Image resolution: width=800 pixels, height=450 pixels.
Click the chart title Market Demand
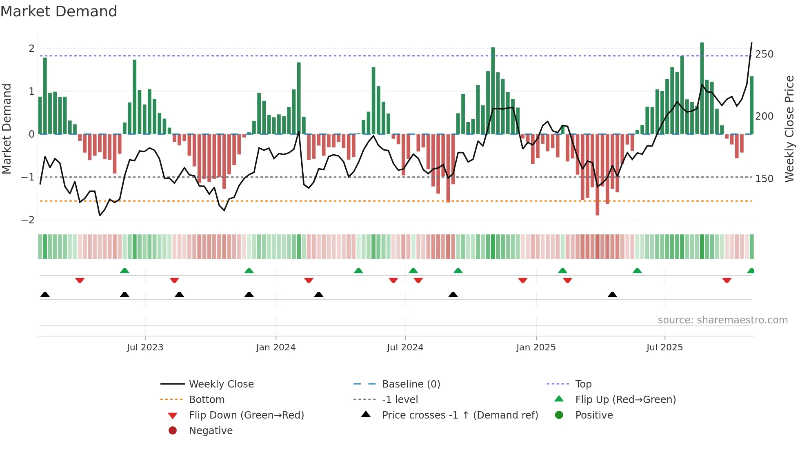(59, 11)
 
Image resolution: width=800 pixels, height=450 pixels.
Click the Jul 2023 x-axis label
(145, 348)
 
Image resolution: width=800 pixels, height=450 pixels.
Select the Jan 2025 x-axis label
(536, 348)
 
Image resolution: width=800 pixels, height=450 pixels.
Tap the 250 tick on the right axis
(764, 54)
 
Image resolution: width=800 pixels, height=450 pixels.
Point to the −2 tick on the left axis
(28, 220)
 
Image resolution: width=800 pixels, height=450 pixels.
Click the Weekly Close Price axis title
(789, 129)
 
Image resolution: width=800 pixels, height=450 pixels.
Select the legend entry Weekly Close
(221, 384)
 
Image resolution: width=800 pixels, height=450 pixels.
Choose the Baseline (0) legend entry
(411, 384)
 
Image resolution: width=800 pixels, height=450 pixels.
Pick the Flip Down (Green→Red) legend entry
(246, 415)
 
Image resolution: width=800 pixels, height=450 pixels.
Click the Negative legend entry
(211, 431)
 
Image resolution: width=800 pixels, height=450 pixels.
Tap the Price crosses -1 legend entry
(460, 415)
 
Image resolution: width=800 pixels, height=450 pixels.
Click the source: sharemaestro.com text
(722, 320)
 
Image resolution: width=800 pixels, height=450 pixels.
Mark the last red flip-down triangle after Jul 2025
(727, 281)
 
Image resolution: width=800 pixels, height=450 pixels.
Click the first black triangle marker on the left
(45, 294)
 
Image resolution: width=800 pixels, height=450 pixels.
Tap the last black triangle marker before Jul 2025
(612, 294)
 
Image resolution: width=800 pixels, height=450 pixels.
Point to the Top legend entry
(583, 384)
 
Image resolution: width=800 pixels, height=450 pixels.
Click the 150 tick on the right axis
(764, 179)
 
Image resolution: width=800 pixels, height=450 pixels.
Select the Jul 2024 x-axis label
(405, 348)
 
